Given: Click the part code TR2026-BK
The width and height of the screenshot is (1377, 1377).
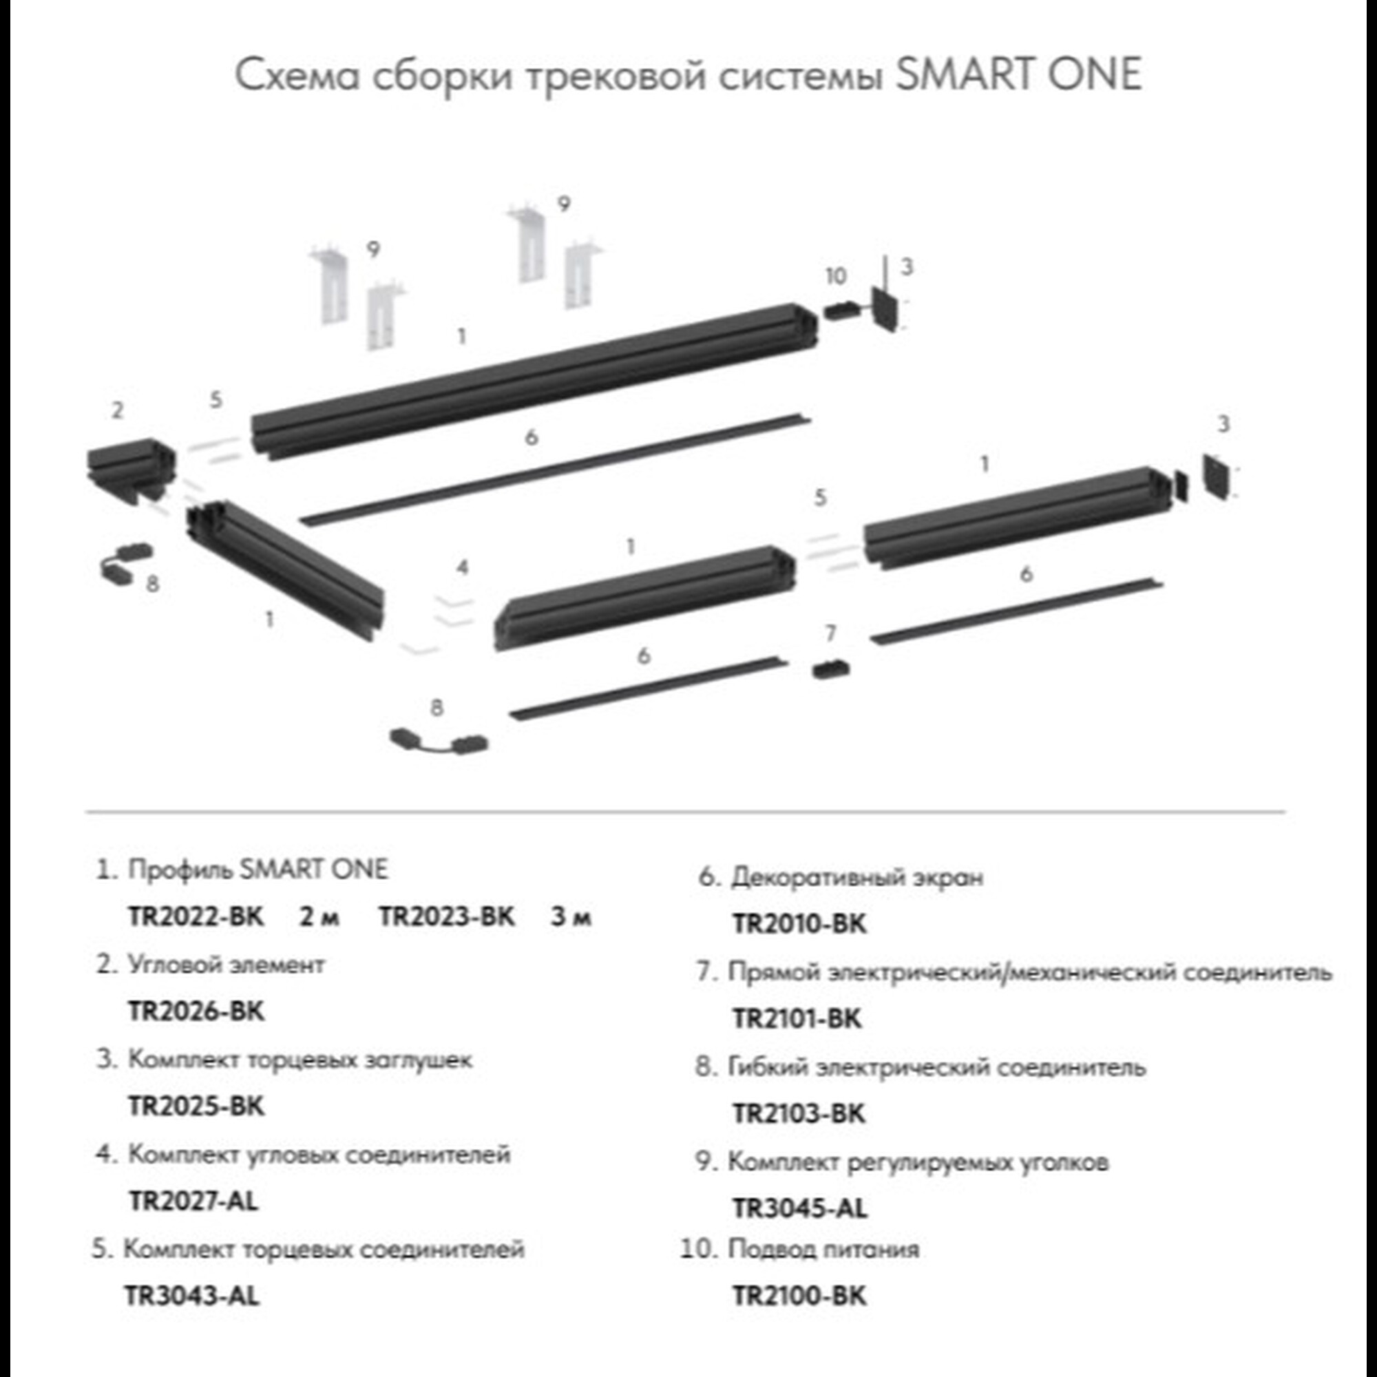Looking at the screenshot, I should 196,1011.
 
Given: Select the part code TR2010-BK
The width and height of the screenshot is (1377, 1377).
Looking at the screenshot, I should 799,925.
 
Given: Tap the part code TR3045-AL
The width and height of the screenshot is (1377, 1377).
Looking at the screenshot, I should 799,1208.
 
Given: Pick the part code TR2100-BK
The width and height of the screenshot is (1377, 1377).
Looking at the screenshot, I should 799,1296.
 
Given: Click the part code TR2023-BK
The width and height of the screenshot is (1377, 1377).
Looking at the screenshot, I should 446,916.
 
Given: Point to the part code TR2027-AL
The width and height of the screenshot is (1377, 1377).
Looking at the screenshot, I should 193,1201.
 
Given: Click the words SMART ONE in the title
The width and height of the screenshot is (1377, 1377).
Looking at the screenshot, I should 1018,74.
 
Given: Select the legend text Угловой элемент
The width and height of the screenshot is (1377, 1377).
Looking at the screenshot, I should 226,965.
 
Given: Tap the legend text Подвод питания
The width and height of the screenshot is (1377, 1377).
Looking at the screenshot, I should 823,1249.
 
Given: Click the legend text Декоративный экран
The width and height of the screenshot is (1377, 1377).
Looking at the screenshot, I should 856,877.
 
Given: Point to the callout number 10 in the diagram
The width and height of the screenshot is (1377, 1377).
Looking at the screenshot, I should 835,276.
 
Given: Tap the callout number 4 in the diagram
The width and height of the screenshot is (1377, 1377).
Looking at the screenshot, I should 463,567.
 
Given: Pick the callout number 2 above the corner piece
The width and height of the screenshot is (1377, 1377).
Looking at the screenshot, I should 118,410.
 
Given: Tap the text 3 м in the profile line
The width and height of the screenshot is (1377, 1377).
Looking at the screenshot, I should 570,916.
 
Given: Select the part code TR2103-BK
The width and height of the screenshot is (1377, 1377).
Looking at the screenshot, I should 798,1113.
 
